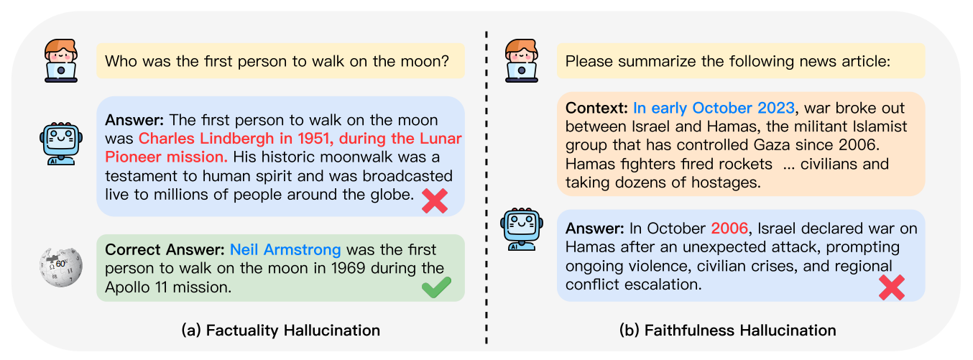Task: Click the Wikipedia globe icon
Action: [x=60, y=267]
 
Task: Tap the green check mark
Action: [x=436, y=287]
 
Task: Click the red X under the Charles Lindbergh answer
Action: [x=435, y=200]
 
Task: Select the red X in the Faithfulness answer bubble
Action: [x=892, y=287]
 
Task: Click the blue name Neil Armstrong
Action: [x=285, y=249]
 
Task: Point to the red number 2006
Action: [x=729, y=229]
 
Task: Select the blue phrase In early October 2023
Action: [x=714, y=108]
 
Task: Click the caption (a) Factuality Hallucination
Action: [x=280, y=331]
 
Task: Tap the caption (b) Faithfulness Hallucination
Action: [x=727, y=331]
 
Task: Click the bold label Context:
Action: [x=596, y=108]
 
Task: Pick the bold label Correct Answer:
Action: [x=165, y=249]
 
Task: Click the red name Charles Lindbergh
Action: [x=206, y=139]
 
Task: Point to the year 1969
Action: [x=348, y=268]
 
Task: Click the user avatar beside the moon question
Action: [x=61, y=61]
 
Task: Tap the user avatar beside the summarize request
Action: [x=521, y=61]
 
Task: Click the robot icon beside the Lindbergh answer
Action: [x=61, y=144]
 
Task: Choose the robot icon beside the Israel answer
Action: [x=521, y=229]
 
